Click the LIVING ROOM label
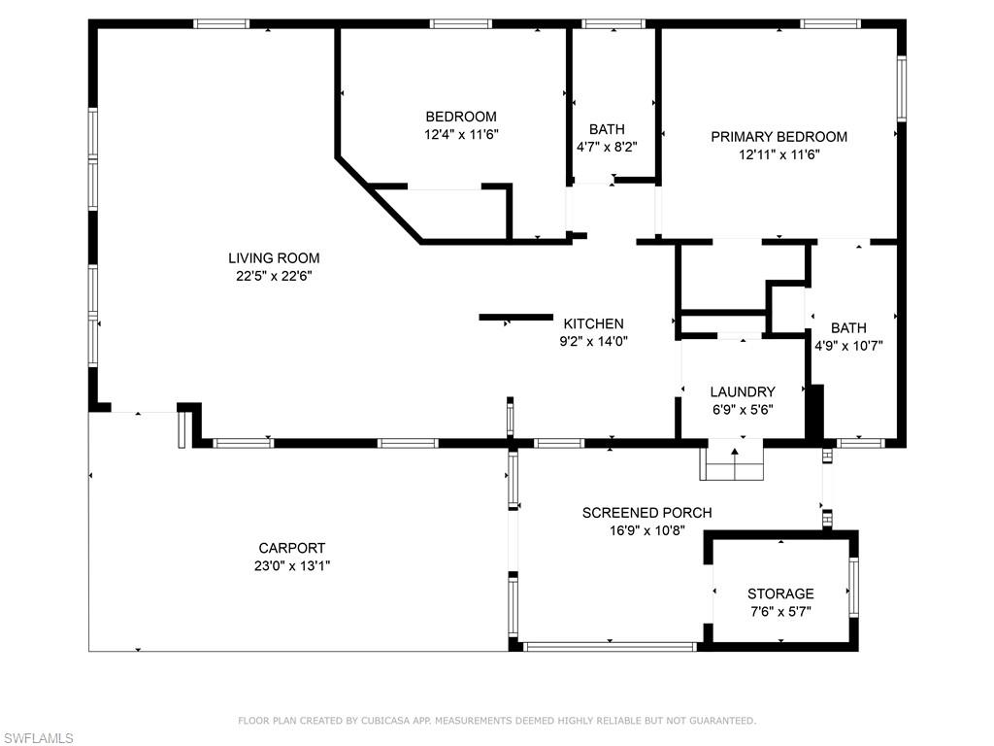pos(274,258)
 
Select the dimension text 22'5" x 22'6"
pos(274,276)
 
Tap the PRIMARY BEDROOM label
pos(779,137)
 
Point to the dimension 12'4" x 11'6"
pos(461,135)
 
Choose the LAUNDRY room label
pos(742,392)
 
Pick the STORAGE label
pos(779,593)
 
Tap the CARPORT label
pos(291,548)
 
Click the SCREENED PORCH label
pos(646,513)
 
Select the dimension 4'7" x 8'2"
pos(607,148)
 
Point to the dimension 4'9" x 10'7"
pos(847,345)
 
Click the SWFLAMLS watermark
pos(38,739)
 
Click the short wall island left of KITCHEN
pos(515,317)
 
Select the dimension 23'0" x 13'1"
pos(291,566)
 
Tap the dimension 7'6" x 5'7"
pos(779,612)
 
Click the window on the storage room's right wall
pos(854,587)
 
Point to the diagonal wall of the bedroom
pos(379,199)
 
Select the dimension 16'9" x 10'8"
pos(646,530)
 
